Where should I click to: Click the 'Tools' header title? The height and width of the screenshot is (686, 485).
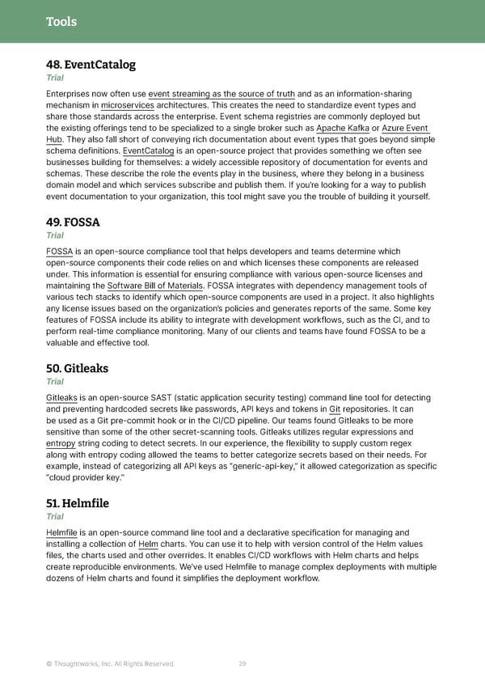coord(61,21)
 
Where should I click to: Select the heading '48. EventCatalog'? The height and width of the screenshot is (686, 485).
coord(91,65)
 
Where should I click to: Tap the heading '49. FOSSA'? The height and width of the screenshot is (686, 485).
coord(73,222)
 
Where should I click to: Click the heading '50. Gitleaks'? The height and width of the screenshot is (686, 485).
coord(78,369)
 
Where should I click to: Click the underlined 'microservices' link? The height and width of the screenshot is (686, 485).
coord(128,105)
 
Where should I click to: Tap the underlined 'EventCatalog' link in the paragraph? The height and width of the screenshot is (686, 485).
coord(148,150)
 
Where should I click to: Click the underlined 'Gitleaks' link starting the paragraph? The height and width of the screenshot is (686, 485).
coord(62,398)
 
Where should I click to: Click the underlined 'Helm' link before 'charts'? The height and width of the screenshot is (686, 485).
coord(148,544)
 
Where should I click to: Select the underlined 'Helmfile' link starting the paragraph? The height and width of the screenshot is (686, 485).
coord(62,532)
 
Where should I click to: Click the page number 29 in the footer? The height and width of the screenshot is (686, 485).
coord(242,664)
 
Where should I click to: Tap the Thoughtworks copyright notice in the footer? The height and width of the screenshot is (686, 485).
coord(110,664)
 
